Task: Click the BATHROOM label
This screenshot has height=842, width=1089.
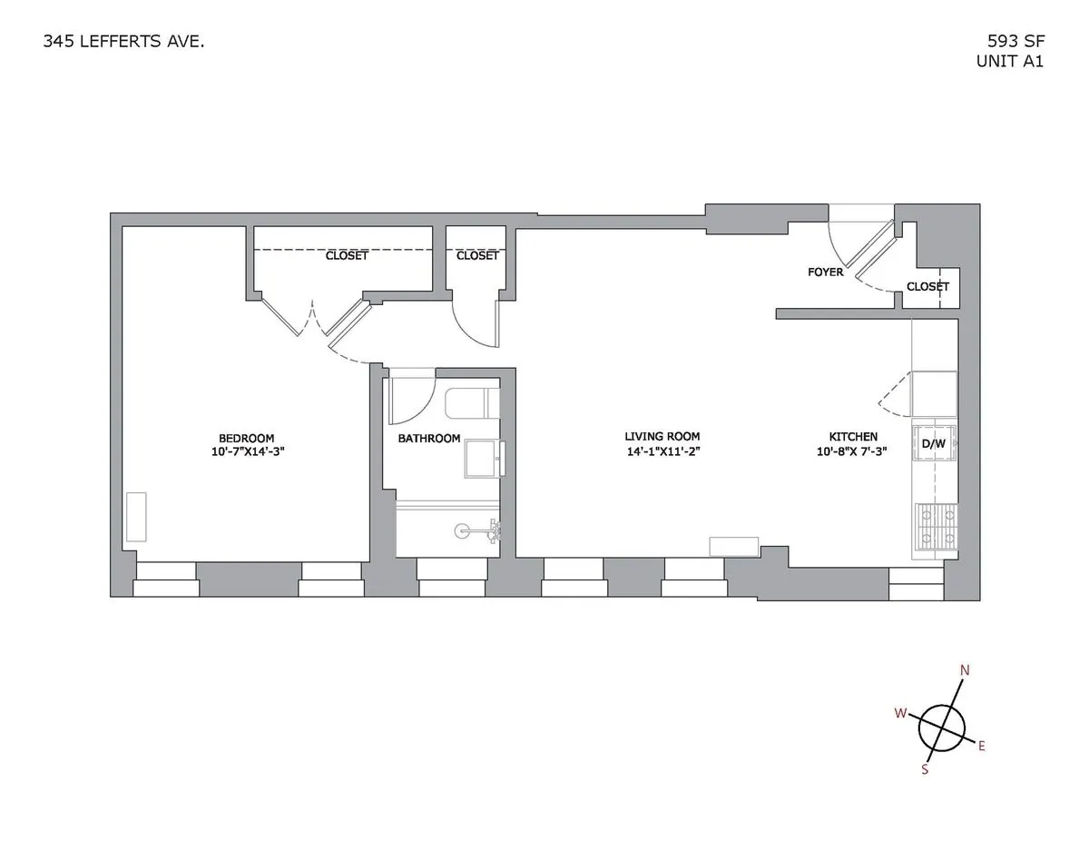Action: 429,439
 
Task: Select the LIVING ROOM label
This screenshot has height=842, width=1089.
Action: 662,437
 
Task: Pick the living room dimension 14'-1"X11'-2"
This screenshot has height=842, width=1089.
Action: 662,451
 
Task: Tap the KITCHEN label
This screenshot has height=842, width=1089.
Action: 853,437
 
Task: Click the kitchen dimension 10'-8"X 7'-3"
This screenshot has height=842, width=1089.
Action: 853,451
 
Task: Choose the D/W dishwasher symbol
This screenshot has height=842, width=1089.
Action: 935,443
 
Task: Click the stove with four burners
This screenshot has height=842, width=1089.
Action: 936,528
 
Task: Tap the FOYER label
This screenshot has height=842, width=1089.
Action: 825,272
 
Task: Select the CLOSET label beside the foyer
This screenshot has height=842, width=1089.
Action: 927,287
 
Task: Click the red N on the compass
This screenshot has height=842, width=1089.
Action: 966,671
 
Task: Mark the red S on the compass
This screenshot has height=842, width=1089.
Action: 925,769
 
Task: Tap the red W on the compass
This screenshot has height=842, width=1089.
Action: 900,714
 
